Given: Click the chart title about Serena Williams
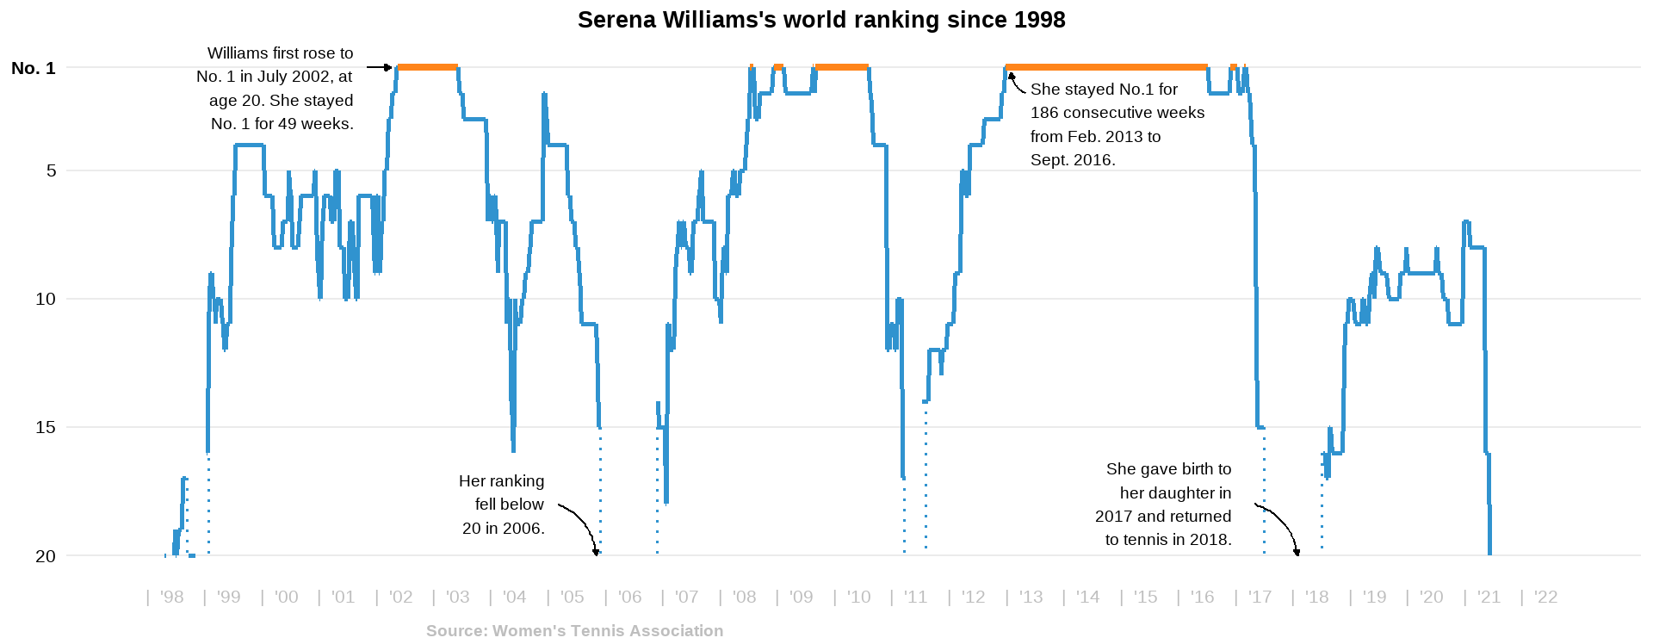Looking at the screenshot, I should [821, 20].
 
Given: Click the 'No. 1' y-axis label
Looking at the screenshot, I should [34, 68].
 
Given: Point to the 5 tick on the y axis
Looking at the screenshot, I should [52, 171].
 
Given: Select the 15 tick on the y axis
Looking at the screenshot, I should [46, 428].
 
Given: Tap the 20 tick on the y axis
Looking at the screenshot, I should [46, 556].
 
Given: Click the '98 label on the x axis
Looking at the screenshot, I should [171, 598].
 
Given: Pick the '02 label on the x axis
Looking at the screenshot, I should [400, 598].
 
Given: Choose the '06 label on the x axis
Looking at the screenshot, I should [629, 598].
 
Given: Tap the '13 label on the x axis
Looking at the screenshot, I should [1031, 598].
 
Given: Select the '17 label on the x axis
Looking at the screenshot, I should [1260, 598].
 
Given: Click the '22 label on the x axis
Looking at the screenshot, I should [1545, 598].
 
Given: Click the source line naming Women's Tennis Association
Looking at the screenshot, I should [574, 631].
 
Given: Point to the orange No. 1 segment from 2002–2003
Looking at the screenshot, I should [427, 67].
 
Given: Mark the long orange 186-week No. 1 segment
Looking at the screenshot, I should [1106, 67].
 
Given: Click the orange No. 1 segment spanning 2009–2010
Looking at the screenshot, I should [841, 67].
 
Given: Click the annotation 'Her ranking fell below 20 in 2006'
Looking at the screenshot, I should [503, 505].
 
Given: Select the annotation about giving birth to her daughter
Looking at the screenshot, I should [1164, 505].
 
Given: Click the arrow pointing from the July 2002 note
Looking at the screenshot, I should [379, 67].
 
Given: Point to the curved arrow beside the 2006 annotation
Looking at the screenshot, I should [581, 524].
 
